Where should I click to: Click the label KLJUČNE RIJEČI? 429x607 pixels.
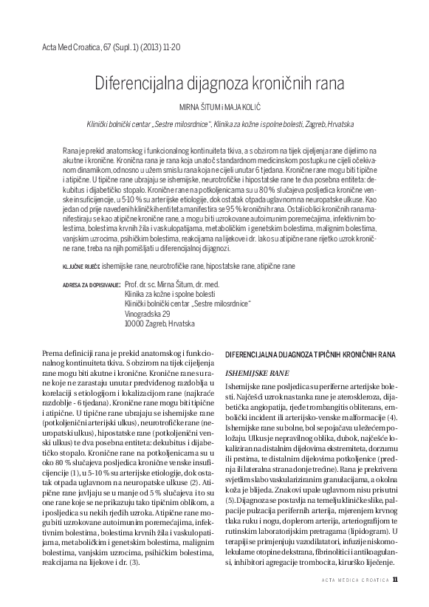click(x=80, y=264)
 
